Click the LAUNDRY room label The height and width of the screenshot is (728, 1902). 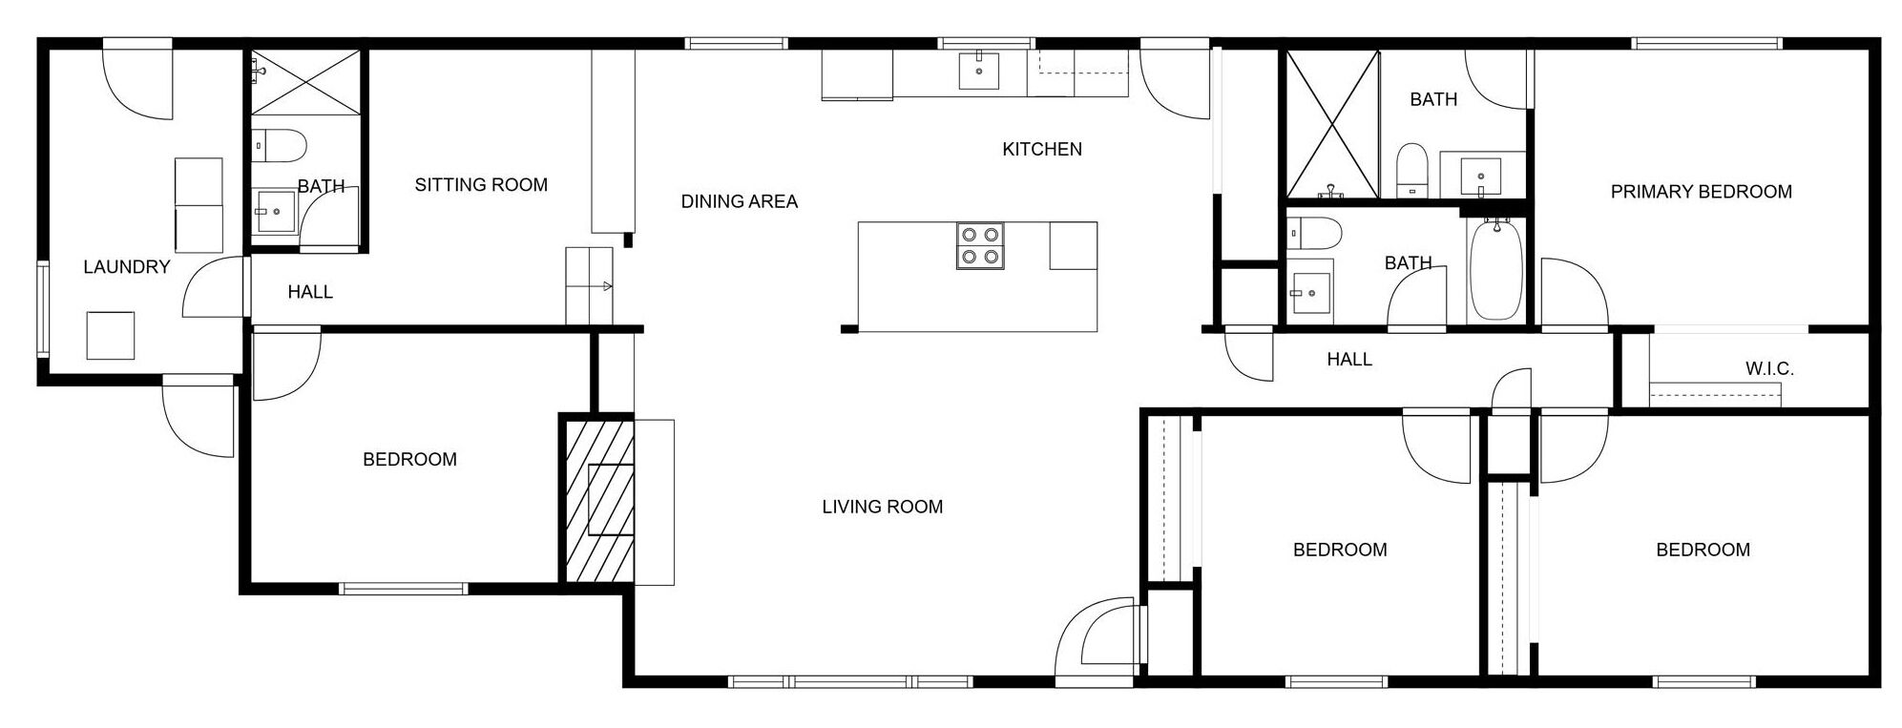point(126,267)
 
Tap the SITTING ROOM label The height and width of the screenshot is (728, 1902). point(481,185)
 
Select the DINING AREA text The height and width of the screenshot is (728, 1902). point(740,201)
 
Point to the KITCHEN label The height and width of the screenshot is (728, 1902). point(1042,149)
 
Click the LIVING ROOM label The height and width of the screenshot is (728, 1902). point(883,507)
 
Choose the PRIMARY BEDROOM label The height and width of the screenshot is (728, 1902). point(1702,192)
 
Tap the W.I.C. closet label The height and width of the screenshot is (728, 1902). point(1769,368)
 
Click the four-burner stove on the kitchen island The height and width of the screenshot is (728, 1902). point(980,245)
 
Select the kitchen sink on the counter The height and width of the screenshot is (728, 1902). point(979,71)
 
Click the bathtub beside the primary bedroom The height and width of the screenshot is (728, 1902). point(1495,270)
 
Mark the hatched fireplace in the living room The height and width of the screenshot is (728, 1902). point(596,499)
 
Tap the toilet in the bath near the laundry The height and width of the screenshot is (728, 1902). point(279,146)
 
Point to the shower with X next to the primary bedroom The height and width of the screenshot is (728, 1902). point(1332,125)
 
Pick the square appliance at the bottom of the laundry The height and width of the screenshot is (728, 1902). point(111,335)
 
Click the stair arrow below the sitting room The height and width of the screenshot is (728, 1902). point(606,285)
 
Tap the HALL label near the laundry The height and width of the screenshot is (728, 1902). point(310,292)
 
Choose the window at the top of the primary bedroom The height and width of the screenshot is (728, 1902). point(1706,43)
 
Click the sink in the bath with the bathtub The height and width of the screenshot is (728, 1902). point(1311,292)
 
